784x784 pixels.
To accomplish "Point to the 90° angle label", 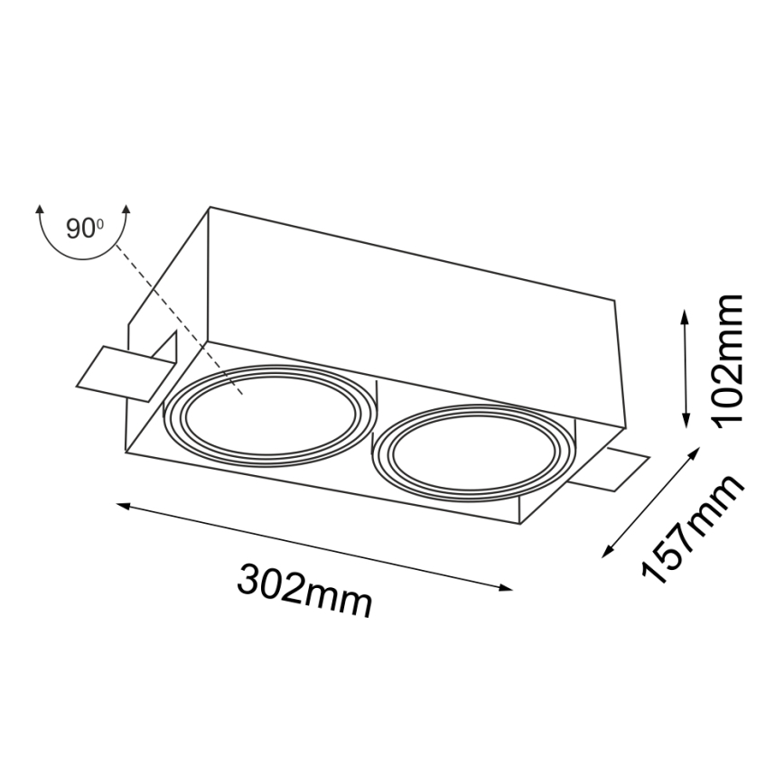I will [84, 229].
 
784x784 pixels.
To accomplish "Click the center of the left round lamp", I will [267, 414].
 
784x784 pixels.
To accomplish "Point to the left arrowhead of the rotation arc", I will [40, 210].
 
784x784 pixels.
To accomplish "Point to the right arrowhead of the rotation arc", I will [126, 210].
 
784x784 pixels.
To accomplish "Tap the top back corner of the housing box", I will [210, 209].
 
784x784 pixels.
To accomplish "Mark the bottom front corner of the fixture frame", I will [521, 523].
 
